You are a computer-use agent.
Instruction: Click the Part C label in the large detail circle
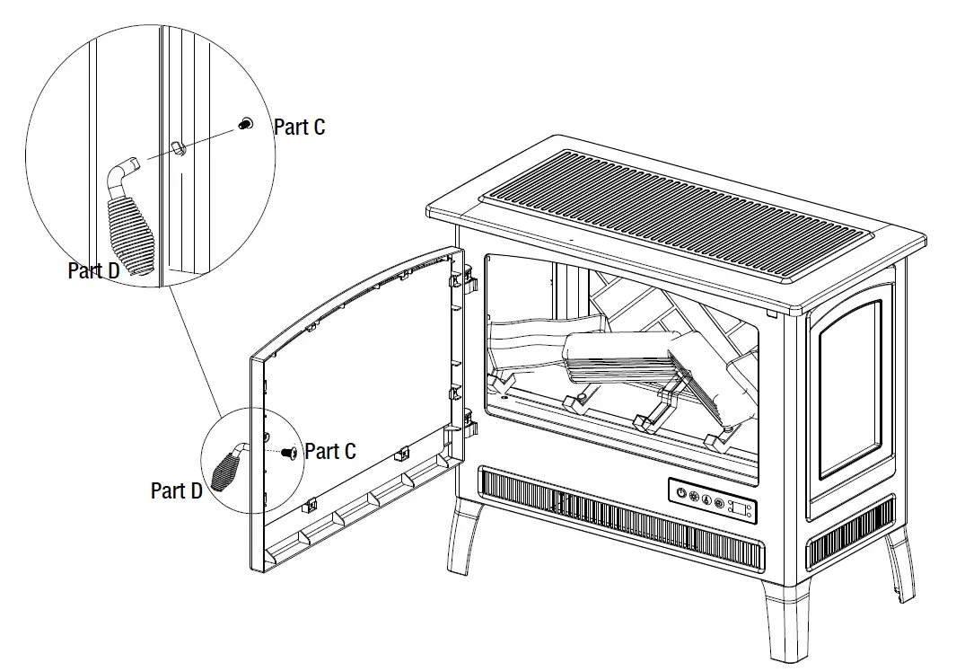pos(299,128)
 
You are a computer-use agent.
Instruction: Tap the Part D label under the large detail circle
pos(94,270)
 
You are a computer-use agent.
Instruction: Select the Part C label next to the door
pos(329,451)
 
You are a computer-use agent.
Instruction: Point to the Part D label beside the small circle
pos(177,490)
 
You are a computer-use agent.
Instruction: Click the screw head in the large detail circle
pos(243,127)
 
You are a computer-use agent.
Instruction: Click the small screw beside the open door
pos(290,454)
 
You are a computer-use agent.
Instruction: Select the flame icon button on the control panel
pos(706,499)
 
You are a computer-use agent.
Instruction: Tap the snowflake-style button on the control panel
pos(692,497)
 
